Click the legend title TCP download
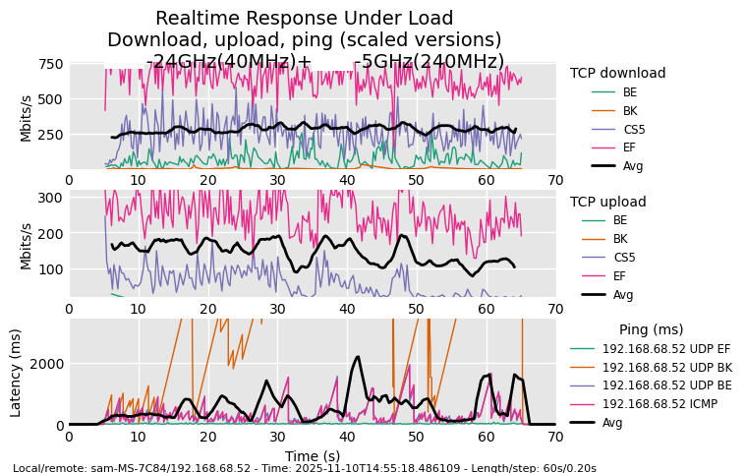pos(617,73)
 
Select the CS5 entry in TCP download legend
pos(634,129)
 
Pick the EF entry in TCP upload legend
pos(619,275)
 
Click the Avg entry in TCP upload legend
pos(623,294)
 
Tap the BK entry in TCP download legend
pos(630,110)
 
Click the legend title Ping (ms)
pos(651,329)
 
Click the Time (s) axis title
pos(312,456)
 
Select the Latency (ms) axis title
pos(16,373)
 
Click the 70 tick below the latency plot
pos(555,438)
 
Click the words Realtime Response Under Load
pos(304,19)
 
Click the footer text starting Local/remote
pos(304,468)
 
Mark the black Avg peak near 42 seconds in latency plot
pos(358,358)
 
